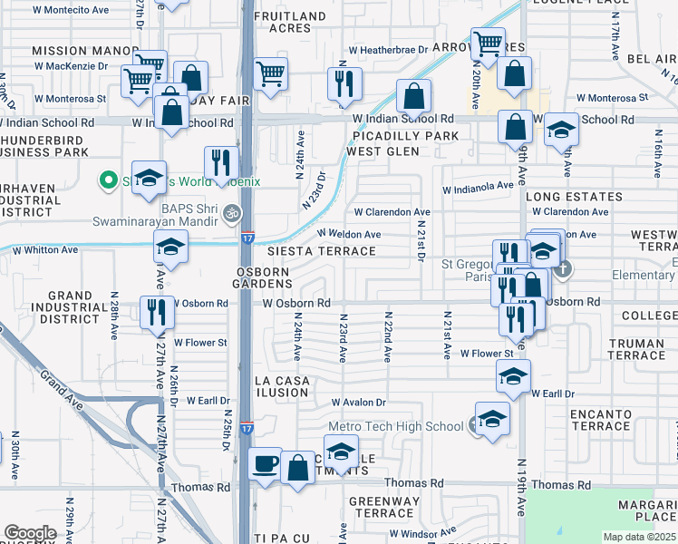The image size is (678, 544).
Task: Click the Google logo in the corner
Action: (x=31, y=533)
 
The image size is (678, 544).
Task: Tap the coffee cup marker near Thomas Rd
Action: (x=265, y=464)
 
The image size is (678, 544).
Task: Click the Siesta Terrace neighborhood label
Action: (x=321, y=251)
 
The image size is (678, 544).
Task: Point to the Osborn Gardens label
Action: (x=263, y=277)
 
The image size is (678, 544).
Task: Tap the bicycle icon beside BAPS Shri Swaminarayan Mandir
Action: (x=233, y=214)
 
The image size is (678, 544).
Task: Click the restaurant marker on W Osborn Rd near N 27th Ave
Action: (x=158, y=312)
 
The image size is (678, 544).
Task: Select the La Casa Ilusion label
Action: (x=282, y=386)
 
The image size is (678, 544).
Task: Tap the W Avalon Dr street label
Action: (x=359, y=403)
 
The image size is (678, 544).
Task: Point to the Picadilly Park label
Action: (x=405, y=136)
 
